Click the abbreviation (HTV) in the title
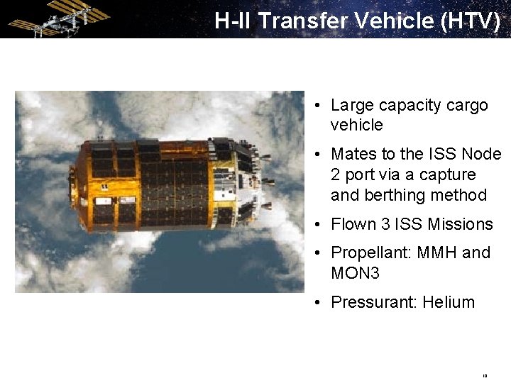click(470, 21)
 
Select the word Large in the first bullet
click(352, 105)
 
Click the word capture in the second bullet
click(448, 174)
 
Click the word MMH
click(438, 253)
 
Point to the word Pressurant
click(374, 302)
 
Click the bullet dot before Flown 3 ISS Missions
click(320, 225)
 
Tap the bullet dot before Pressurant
click(320, 303)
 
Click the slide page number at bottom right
click(485, 376)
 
